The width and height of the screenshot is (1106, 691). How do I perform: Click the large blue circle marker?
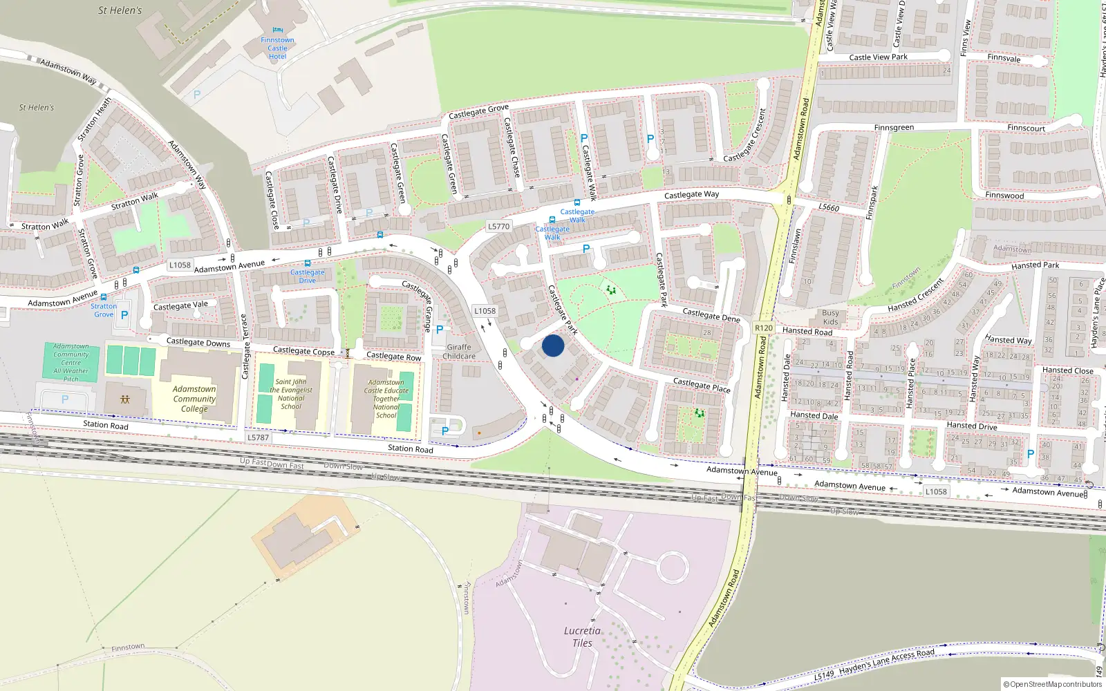[x=553, y=345]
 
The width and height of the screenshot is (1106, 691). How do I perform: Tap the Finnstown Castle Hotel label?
[x=277, y=48]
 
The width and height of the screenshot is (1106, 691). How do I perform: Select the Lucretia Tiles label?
[x=582, y=636]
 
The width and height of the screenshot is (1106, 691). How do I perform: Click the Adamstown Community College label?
[x=194, y=399]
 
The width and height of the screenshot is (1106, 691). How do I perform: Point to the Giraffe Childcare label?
[x=459, y=352]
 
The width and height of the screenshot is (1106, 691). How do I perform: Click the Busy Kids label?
[x=830, y=317]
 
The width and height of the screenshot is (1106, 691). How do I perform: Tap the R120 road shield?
[x=763, y=328]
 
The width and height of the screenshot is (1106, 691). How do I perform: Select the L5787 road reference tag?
[x=258, y=437]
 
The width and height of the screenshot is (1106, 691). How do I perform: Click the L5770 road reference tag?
[x=498, y=226]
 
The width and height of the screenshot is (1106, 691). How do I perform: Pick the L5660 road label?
[x=829, y=207]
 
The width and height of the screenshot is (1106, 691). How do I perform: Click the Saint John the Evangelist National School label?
[x=291, y=394]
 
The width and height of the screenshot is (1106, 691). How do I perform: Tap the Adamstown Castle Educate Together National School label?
[x=386, y=399]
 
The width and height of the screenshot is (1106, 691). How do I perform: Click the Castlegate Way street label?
[x=691, y=195]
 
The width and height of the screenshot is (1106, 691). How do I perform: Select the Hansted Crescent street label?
[x=915, y=296]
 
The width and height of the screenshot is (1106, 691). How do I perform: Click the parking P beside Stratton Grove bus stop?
[x=124, y=315]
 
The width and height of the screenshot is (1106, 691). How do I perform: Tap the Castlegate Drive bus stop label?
[x=307, y=276]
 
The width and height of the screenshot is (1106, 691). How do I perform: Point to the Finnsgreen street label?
[x=894, y=128]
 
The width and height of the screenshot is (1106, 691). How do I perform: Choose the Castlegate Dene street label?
[x=711, y=315]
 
